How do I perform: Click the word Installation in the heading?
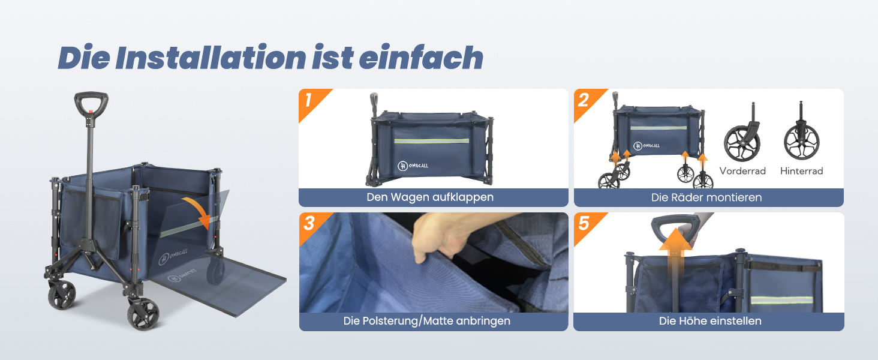click(x=211, y=58)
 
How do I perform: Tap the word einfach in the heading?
click(x=421, y=57)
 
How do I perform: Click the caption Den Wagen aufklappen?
click(x=430, y=197)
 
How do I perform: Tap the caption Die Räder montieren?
click(x=706, y=197)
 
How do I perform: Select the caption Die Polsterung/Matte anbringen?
click(x=427, y=321)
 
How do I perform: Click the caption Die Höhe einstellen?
click(x=710, y=321)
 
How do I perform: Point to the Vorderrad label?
click(x=742, y=171)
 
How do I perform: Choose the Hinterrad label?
click(x=802, y=171)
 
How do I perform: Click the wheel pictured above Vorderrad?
click(x=742, y=143)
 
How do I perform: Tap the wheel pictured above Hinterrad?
click(x=802, y=140)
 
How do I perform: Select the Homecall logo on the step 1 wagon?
click(x=413, y=166)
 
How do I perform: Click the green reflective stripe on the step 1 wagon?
click(x=432, y=141)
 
